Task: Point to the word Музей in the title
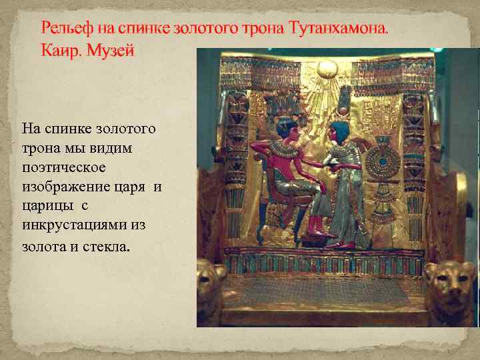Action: [x=113, y=50]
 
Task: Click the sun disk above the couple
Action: [x=327, y=69]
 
